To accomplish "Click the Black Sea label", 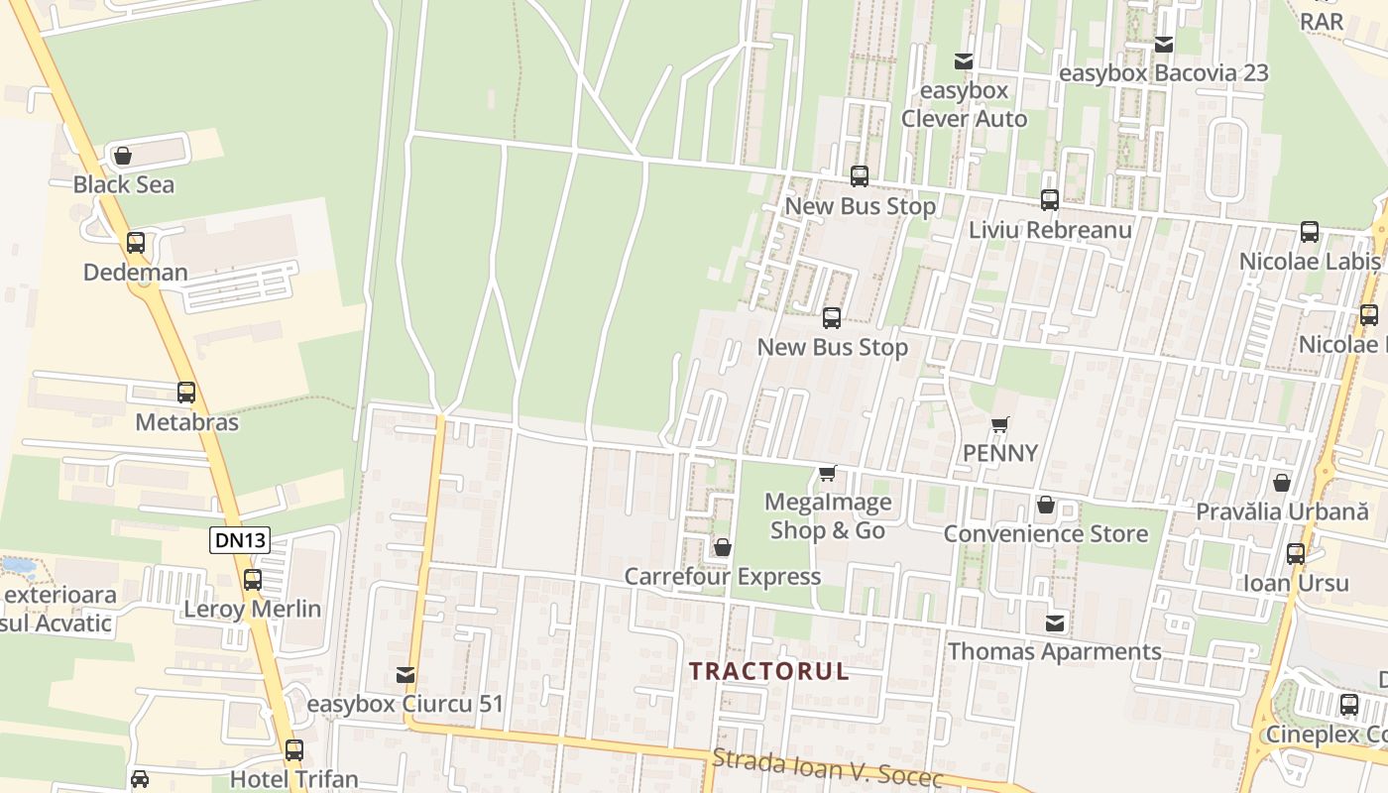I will click(124, 185).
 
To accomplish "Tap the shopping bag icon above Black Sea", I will click(123, 156).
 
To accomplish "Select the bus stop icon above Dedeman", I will click(136, 243).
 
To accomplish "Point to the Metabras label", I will click(186, 422).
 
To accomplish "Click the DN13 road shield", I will click(240, 540).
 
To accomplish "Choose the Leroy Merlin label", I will click(253, 609).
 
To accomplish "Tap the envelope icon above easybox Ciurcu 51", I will click(405, 675).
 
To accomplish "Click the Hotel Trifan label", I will click(293, 779).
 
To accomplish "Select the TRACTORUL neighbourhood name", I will click(769, 671).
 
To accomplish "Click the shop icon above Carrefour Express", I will click(723, 547).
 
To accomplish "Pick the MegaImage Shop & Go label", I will click(828, 516).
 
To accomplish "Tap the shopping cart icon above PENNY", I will click(1000, 424).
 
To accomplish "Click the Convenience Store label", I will click(1045, 534).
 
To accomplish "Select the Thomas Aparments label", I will click(1054, 652).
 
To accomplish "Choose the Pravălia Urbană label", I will click(1282, 512).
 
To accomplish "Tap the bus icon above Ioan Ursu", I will click(1296, 554).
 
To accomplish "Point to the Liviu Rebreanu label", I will click(1050, 230).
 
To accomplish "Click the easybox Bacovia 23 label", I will click(1163, 73).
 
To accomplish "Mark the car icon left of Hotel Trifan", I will click(140, 779).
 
